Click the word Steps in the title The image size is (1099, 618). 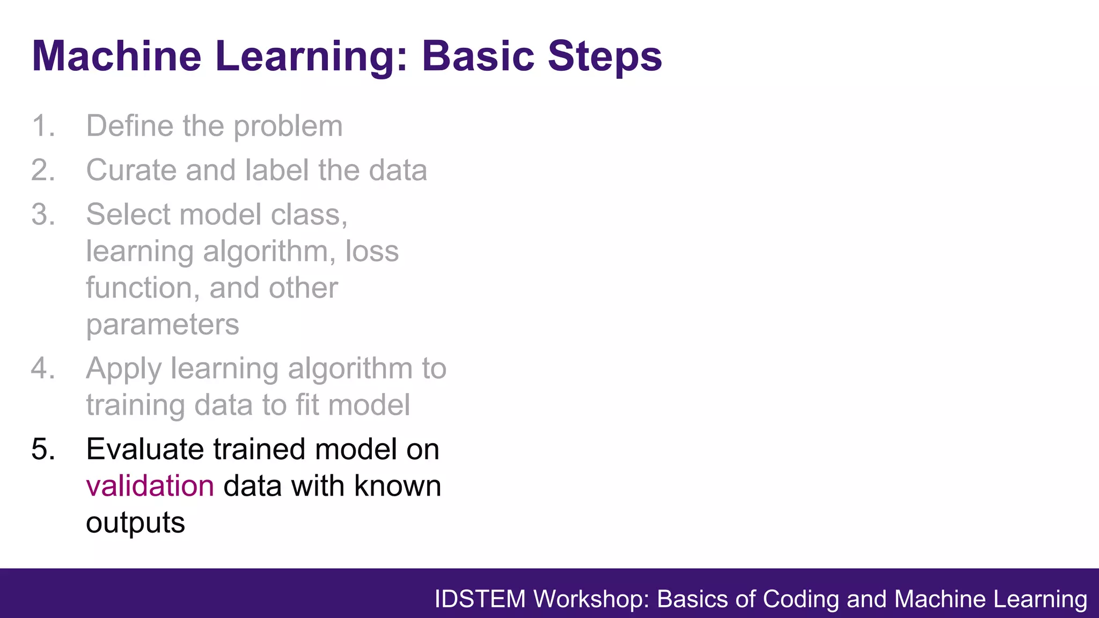605,56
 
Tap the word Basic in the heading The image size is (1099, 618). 478,56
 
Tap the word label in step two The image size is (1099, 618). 276,171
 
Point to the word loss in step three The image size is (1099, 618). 372,251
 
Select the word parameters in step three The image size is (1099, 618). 163,325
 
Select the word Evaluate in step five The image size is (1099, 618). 145,449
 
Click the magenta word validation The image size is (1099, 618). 150,486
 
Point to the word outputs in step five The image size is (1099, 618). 135,523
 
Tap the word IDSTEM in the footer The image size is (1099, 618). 480,599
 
